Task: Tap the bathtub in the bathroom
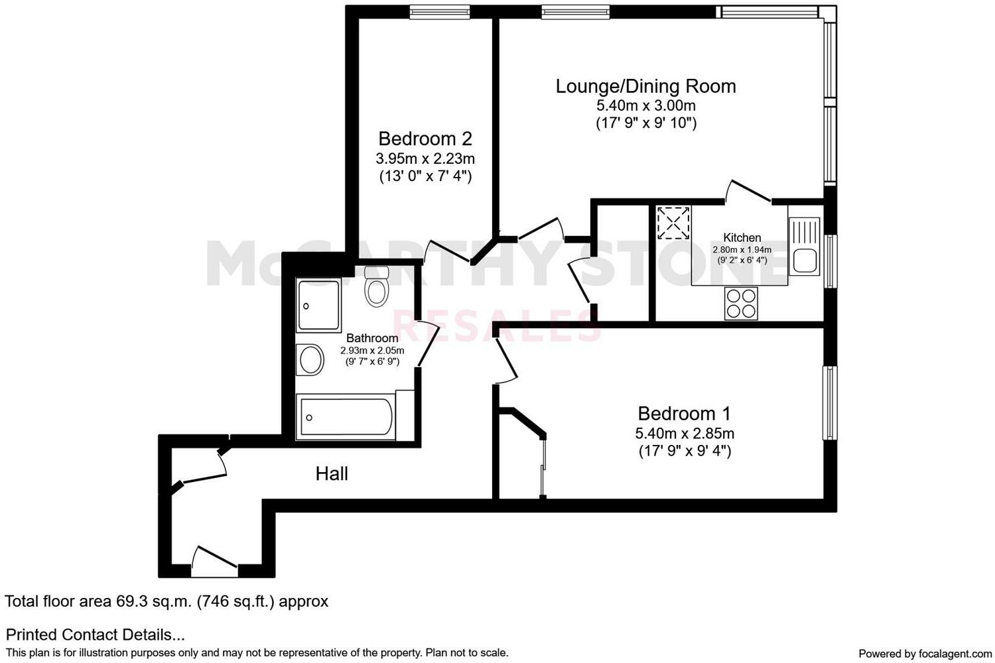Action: pyautogui.click(x=345, y=417)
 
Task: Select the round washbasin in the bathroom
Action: pyautogui.click(x=310, y=360)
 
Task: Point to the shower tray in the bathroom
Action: pyautogui.click(x=319, y=306)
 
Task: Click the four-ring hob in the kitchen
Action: pyautogui.click(x=741, y=304)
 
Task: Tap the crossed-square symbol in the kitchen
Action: pyautogui.click(x=673, y=223)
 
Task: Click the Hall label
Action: pyautogui.click(x=332, y=473)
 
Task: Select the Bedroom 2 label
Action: pyautogui.click(x=425, y=139)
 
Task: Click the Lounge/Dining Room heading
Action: pyautogui.click(x=645, y=86)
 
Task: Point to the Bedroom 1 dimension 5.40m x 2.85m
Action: pyautogui.click(x=685, y=434)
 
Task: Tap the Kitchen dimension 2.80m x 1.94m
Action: pyautogui.click(x=742, y=250)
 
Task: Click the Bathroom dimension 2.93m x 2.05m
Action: pyautogui.click(x=372, y=351)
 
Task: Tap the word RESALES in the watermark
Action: pyautogui.click(x=497, y=325)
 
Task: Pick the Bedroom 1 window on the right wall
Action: pyautogui.click(x=830, y=402)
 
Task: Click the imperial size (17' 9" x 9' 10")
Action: pyautogui.click(x=645, y=123)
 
